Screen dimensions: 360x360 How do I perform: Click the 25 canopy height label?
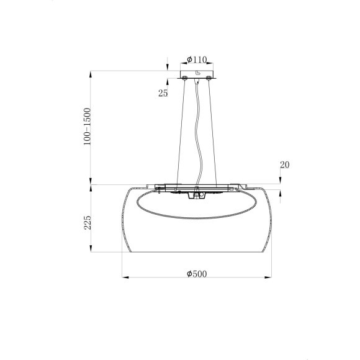[163, 94]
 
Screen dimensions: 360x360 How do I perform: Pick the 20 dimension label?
[285, 165]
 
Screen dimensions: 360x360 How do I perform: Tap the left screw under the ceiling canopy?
[184, 79]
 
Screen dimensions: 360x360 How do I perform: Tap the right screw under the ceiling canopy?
[209, 79]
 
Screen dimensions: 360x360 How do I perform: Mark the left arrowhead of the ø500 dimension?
[125, 277]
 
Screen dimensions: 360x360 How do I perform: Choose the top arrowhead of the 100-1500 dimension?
[92, 74]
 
